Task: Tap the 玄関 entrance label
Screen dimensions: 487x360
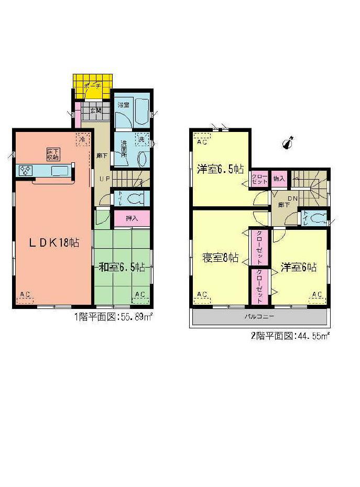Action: (x=95, y=110)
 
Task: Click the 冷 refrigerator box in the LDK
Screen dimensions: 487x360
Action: (x=82, y=139)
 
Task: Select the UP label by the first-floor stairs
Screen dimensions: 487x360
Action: (x=104, y=178)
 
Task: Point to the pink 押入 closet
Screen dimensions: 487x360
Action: (x=132, y=218)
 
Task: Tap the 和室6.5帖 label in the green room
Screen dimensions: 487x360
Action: (x=122, y=267)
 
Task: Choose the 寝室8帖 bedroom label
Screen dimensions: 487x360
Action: (x=221, y=258)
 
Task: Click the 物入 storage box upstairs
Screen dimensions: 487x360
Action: (x=279, y=179)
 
